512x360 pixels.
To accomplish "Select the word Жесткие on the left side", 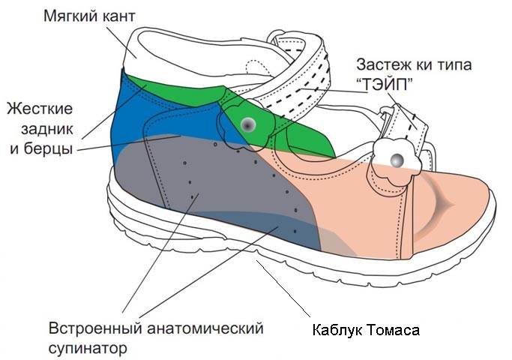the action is click(x=40, y=109).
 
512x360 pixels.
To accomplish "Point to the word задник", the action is click(x=47, y=130).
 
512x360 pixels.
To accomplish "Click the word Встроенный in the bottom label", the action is click(x=95, y=328).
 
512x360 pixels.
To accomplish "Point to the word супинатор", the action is click(x=88, y=348).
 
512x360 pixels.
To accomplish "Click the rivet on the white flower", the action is click(x=397, y=160).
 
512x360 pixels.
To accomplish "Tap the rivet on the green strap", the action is click(x=248, y=124).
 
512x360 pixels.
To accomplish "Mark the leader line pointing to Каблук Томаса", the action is click(x=283, y=288).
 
